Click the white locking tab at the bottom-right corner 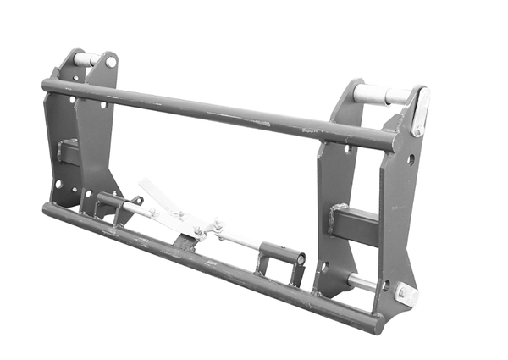point(407,294)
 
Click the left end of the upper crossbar point(47,85)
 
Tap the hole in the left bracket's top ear point(110,62)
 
